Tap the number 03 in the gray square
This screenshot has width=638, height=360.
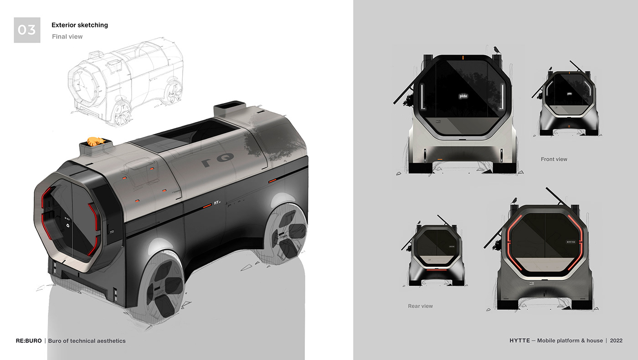coord(27,30)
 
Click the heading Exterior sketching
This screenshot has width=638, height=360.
coord(80,25)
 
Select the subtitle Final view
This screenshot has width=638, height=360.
coord(67,36)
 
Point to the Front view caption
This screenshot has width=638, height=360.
coord(554,159)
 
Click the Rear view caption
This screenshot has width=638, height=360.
coord(420,306)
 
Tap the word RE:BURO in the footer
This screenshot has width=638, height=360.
coord(29,341)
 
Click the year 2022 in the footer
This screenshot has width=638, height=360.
coord(616,340)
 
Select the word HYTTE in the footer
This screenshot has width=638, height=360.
coord(521,340)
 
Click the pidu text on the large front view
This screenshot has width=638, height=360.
coord(463,96)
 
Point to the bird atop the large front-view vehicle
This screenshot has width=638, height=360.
coord(495,49)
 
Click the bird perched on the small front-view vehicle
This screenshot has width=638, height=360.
coord(551,69)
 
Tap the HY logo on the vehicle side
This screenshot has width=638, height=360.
coord(217,204)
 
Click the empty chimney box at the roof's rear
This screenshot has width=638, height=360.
coord(226,109)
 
